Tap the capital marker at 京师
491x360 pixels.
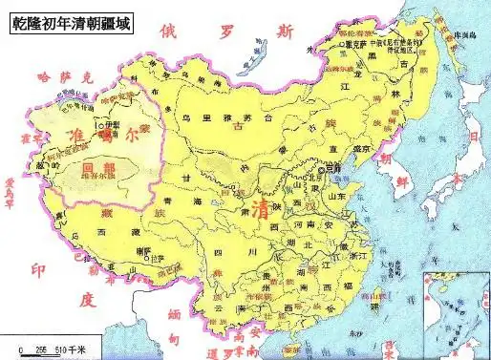[x=320, y=170]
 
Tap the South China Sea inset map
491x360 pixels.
[x=455, y=311]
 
